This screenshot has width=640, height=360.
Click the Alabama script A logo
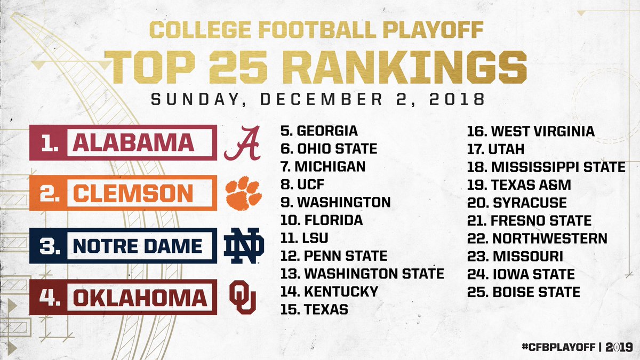pos(243,142)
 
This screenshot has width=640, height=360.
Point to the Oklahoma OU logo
pos(243,297)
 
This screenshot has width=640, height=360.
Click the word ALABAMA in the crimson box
pos(133,142)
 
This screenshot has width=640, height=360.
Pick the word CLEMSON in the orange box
pos(133,194)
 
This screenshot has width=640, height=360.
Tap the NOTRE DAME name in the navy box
pos(137,246)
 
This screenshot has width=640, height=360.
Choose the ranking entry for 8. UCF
pos(302,185)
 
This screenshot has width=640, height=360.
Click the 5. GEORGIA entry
pos(319,131)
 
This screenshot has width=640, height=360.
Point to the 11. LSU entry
pos(305,238)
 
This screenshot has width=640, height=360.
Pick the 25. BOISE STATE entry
pos(524,292)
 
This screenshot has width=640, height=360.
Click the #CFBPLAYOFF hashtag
pos(557,345)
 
